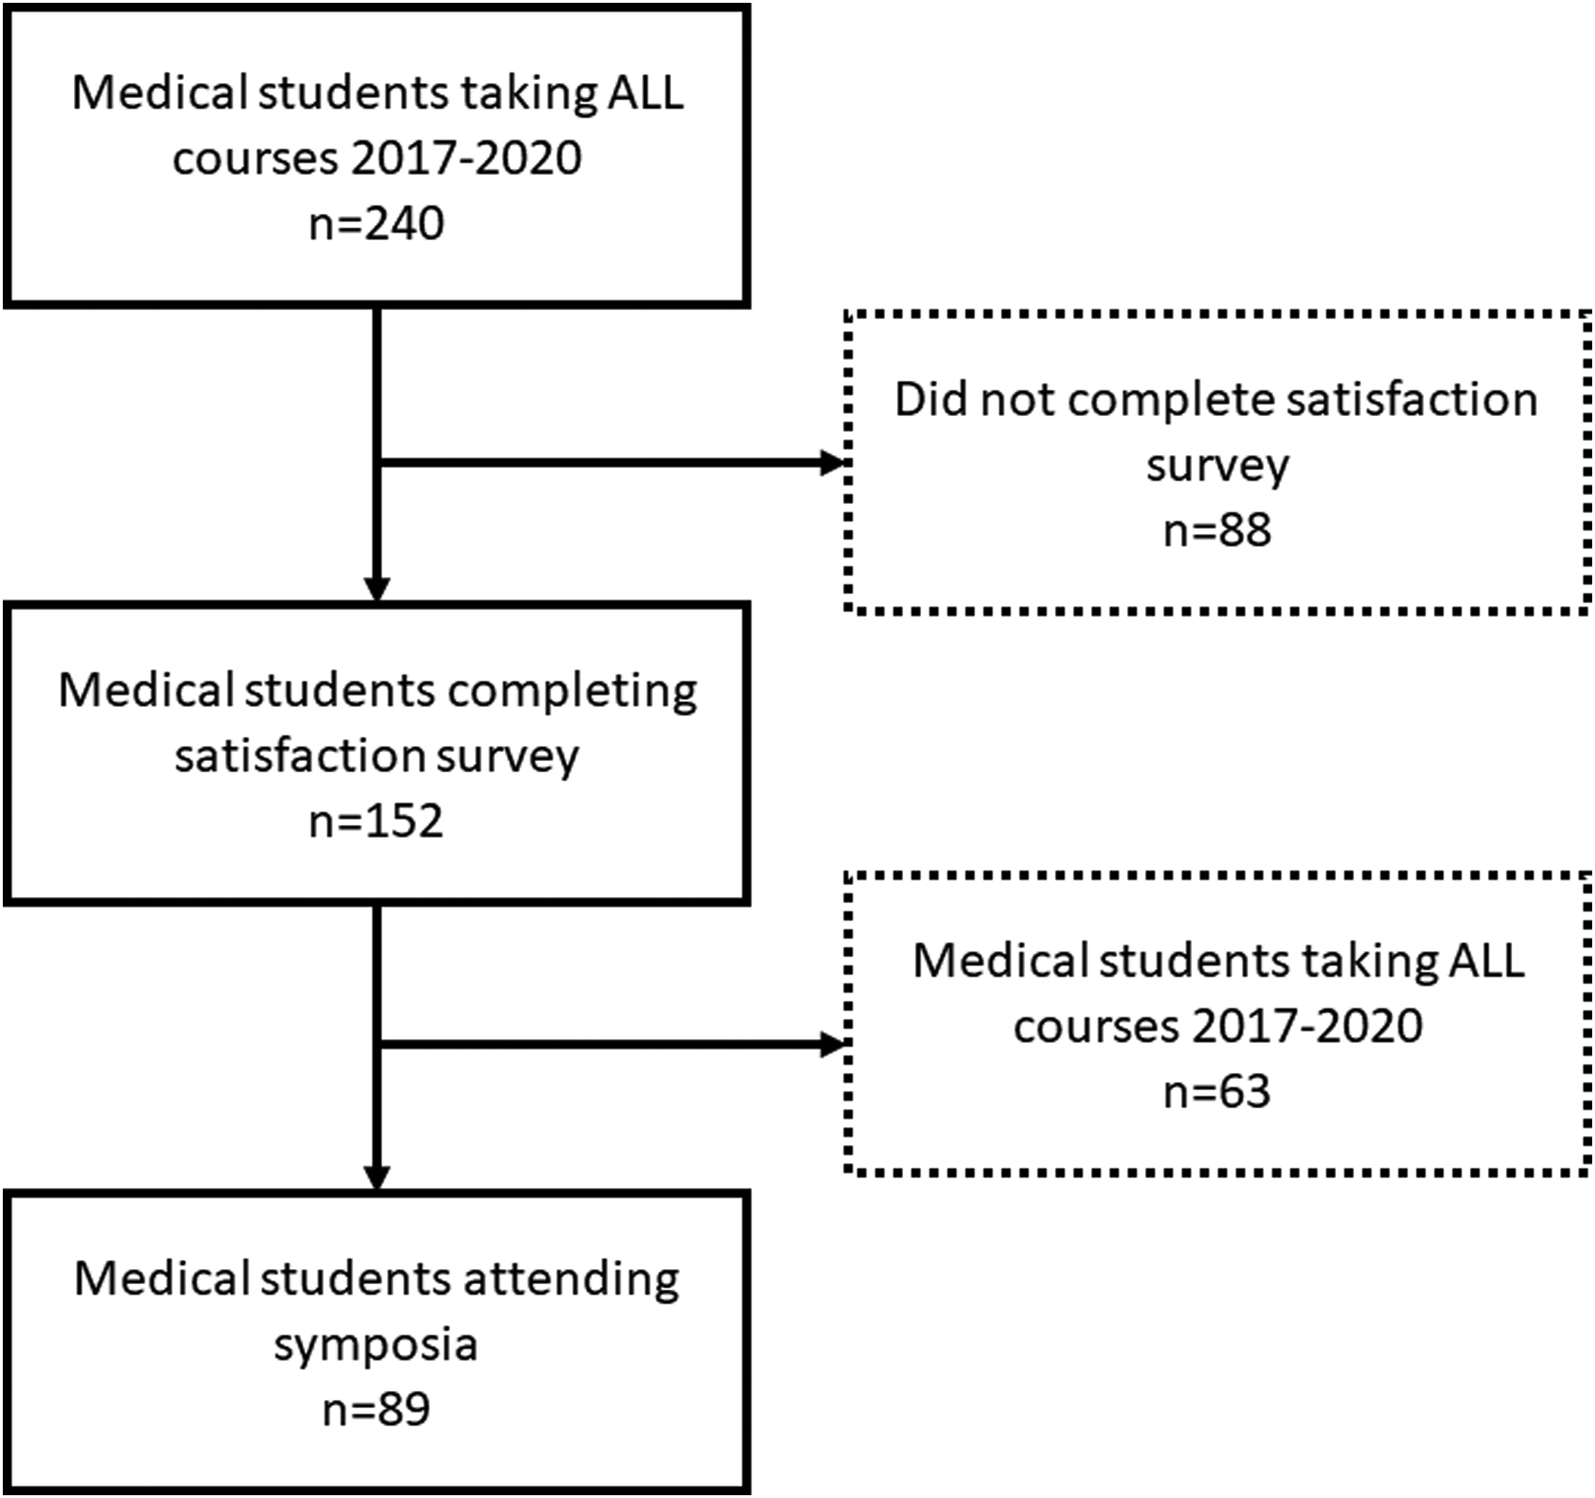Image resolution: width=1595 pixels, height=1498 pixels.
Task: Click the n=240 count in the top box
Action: coord(376,224)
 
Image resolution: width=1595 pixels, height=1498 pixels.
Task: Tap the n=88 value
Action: coord(1217,530)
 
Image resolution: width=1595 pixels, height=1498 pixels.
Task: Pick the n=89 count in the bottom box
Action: coord(376,1410)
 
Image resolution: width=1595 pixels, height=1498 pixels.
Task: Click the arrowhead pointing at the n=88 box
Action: coord(835,463)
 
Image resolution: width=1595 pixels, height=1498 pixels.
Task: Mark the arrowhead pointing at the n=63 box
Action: coord(835,1044)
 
